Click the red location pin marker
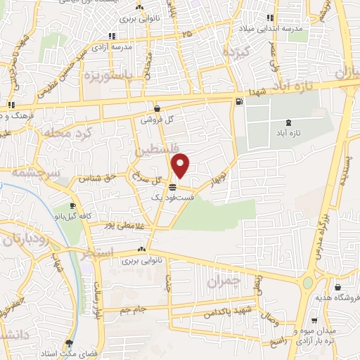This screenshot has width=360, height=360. pyautogui.click(x=181, y=166)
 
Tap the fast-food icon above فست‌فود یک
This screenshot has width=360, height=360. pyautogui.click(x=172, y=186)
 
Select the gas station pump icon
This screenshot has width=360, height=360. pyautogui.click(x=240, y=103)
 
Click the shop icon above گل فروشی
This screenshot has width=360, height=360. pyautogui.click(x=155, y=109)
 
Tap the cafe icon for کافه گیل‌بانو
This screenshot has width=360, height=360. pyautogui.click(x=72, y=205)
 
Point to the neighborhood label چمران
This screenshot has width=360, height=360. pyautogui.click(x=225, y=281)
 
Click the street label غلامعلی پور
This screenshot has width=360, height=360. pyautogui.click(x=120, y=224)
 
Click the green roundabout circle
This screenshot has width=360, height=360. pyautogui.click(x=308, y=283)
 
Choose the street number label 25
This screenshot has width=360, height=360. pyautogui.click(x=186, y=34)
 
